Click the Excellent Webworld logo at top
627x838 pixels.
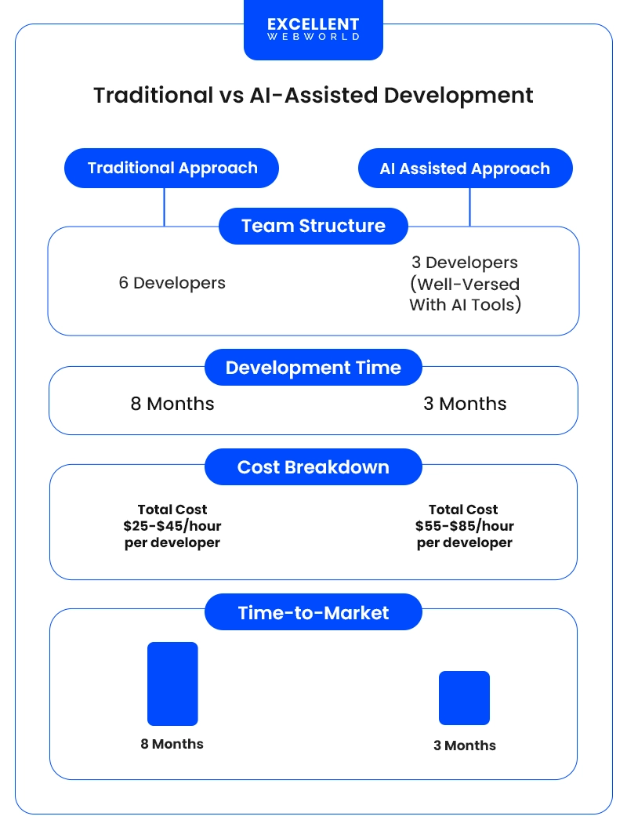[x=313, y=30]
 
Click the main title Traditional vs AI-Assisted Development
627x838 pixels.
[x=313, y=96]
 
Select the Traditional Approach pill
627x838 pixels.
[x=172, y=168]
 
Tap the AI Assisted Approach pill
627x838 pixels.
[x=465, y=169]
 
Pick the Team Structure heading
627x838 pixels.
[x=313, y=226]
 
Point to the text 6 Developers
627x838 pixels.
[x=172, y=283]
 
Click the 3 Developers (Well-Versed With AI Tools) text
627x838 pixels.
[x=465, y=284]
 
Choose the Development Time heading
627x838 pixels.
[x=313, y=368]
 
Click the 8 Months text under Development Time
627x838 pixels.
[x=172, y=404]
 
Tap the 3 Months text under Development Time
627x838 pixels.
[x=465, y=404]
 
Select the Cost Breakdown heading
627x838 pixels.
[x=313, y=467]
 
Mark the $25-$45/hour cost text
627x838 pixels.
[x=172, y=526]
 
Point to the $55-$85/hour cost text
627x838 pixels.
[x=465, y=526]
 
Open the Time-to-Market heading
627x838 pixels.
[x=313, y=612]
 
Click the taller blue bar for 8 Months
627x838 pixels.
[x=172, y=684]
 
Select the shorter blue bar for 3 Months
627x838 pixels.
[x=464, y=698]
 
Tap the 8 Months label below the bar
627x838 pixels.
[x=172, y=744]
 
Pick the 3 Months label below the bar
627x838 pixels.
[x=465, y=745]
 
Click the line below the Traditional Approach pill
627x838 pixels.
[x=164, y=207]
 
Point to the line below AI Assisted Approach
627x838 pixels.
[x=469, y=207]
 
